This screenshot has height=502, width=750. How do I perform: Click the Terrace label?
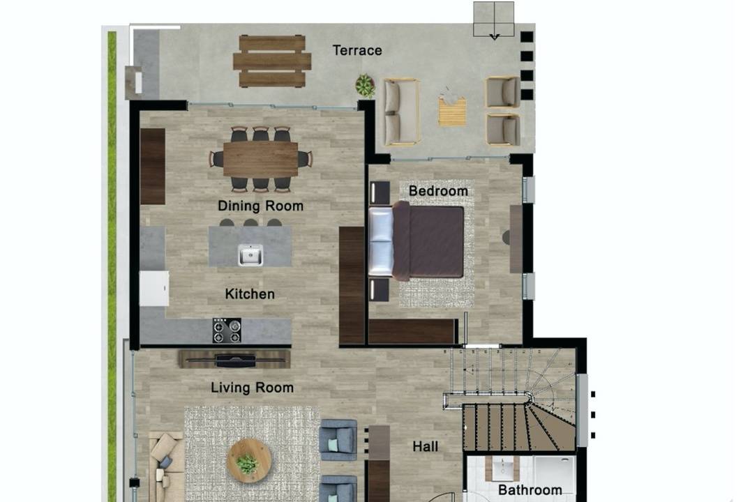pos(357,50)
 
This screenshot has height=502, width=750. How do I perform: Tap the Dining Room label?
pos(261,206)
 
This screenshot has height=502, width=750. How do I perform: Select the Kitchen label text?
pos(250,294)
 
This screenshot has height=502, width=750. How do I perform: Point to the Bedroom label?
pos(438,191)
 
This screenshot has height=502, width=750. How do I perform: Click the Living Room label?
pos(252,387)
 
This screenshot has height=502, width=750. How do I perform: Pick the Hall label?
pos(425,446)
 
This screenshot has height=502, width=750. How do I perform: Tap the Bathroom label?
pos(530,489)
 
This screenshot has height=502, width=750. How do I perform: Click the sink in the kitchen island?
pos(250,254)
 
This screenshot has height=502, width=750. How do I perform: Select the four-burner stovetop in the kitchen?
pos(227,330)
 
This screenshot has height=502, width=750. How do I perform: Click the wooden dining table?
pos(261,159)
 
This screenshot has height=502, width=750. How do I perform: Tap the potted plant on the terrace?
pos(364,86)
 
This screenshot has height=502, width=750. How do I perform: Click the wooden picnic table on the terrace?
pos(272,61)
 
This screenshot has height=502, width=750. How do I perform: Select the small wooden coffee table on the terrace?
pos(452,112)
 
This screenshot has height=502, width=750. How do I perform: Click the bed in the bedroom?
pos(417,241)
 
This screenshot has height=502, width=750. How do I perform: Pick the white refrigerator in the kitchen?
pos(154,288)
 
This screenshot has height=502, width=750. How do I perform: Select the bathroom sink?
pos(503,468)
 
